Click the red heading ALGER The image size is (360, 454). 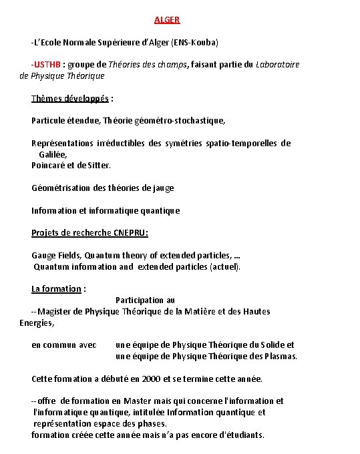point(167,20)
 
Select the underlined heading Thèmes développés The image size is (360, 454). point(70,99)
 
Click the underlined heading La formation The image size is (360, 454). point(57,289)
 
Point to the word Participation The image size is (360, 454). point(140,300)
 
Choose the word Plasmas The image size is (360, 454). point(281,357)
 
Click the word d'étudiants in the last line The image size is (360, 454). point(241,435)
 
